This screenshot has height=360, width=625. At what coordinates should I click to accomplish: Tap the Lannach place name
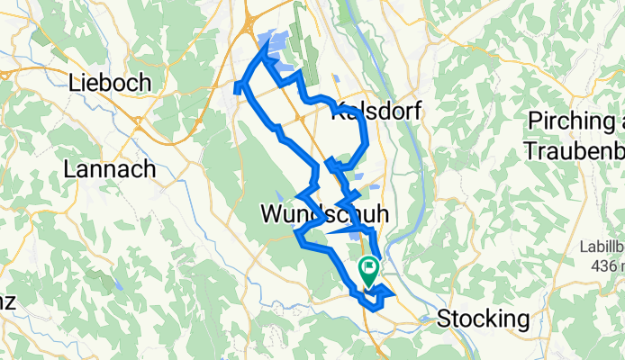[x=110, y=168]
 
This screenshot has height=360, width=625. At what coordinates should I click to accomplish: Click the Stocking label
[x=483, y=319]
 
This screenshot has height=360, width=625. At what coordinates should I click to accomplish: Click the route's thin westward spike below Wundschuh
[x=333, y=231]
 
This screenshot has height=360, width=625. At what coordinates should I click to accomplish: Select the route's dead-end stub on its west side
[x=237, y=87]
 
